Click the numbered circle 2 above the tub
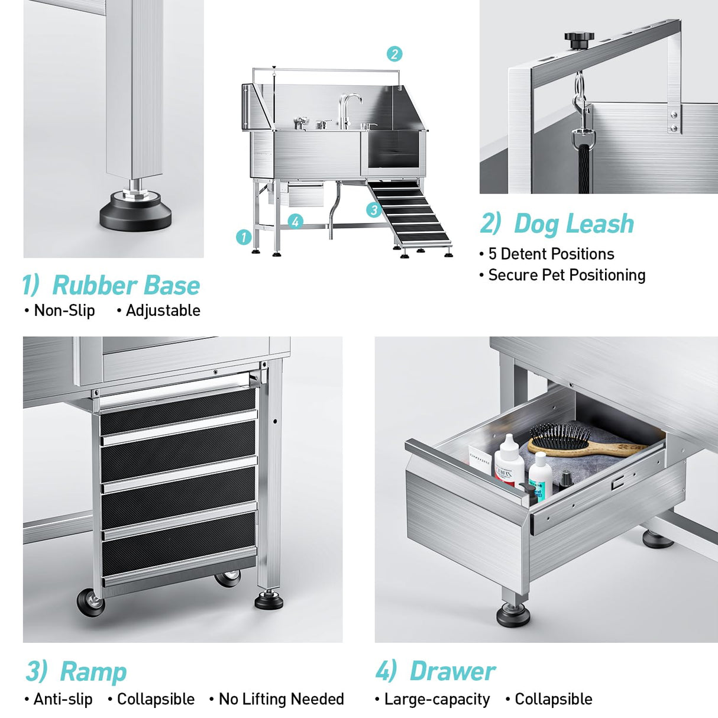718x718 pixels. tap(394, 54)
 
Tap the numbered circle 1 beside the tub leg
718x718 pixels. tap(244, 237)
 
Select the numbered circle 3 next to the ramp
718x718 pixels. tap(373, 209)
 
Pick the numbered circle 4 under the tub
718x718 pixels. tap(296, 222)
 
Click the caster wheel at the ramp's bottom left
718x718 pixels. tap(90, 602)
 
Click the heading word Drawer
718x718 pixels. tap(452, 671)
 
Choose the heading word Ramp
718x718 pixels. tap(93, 672)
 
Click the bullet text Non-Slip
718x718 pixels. tap(64, 311)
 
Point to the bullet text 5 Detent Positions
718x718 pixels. tap(551, 254)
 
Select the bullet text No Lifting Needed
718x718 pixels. tap(281, 699)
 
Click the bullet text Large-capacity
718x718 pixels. tap(436, 699)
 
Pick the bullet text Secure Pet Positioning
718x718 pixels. tap(566, 275)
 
